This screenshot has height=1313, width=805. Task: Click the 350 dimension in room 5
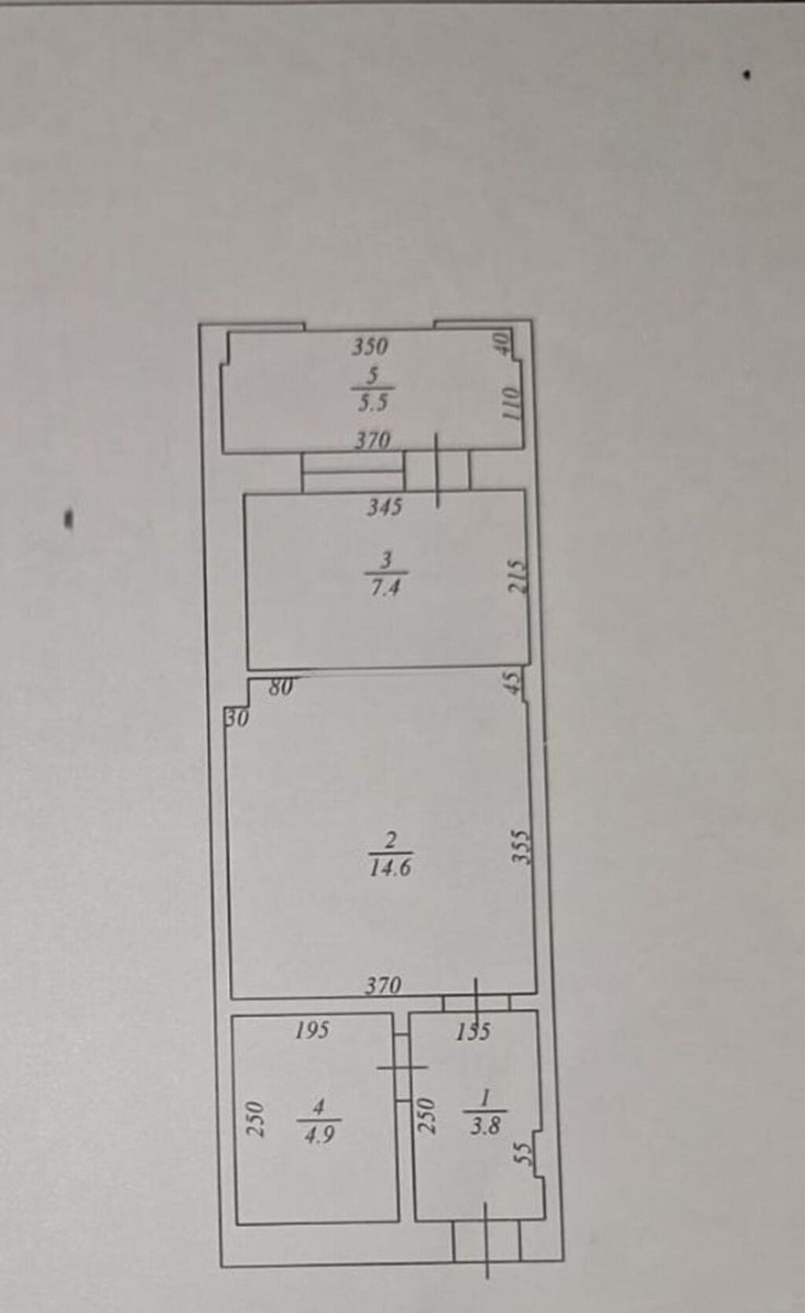click(370, 347)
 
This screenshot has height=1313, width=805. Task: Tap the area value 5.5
click(373, 403)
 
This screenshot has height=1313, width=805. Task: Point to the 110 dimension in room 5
click(511, 402)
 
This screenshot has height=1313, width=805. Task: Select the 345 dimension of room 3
click(384, 507)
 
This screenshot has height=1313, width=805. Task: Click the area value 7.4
click(385, 587)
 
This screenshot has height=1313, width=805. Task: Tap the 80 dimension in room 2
click(281, 687)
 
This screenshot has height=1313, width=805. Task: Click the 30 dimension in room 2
click(238, 717)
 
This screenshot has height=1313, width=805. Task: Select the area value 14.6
click(391, 867)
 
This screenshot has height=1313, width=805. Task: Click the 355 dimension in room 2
click(520, 846)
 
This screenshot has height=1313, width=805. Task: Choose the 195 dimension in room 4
click(313, 1030)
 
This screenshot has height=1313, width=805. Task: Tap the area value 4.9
click(319, 1135)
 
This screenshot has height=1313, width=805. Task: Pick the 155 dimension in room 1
click(473, 1032)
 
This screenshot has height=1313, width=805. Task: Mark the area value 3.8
click(486, 1126)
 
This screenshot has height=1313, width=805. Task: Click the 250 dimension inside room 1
click(428, 1116)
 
